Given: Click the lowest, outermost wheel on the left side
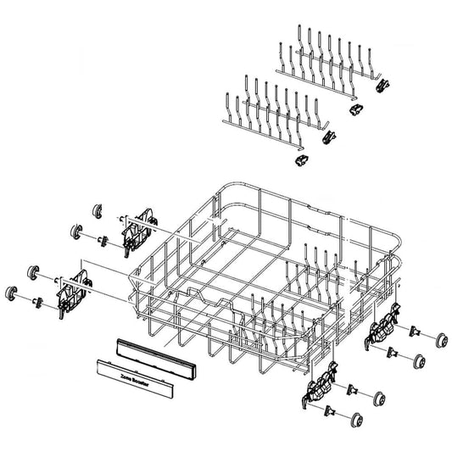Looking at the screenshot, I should point(14,293).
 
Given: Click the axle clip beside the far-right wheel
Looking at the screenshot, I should point(415,330).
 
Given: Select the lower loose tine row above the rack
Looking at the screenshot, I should point(271,106).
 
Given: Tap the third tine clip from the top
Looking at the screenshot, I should point(329,132).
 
